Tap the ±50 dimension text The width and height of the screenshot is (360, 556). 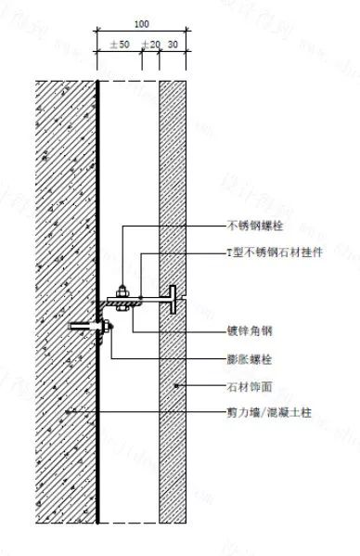point(119,44)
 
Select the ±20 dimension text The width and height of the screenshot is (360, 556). point(150,44)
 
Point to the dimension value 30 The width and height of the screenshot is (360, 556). point(173,44)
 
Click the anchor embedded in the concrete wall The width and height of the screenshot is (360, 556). point(80,326)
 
